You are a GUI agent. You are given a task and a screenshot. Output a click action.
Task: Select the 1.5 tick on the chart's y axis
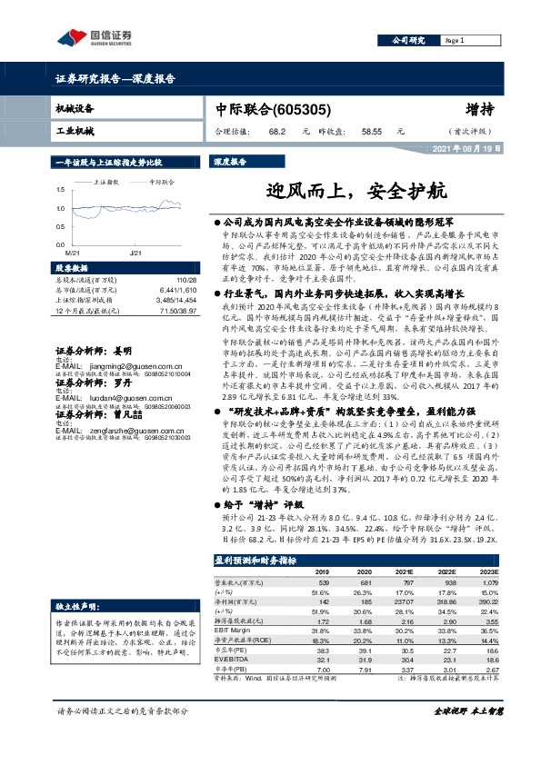pos(60,189)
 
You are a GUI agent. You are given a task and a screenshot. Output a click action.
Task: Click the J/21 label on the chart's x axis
pos(135,252)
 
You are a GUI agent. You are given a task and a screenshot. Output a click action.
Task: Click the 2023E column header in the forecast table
pos(476,571)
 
